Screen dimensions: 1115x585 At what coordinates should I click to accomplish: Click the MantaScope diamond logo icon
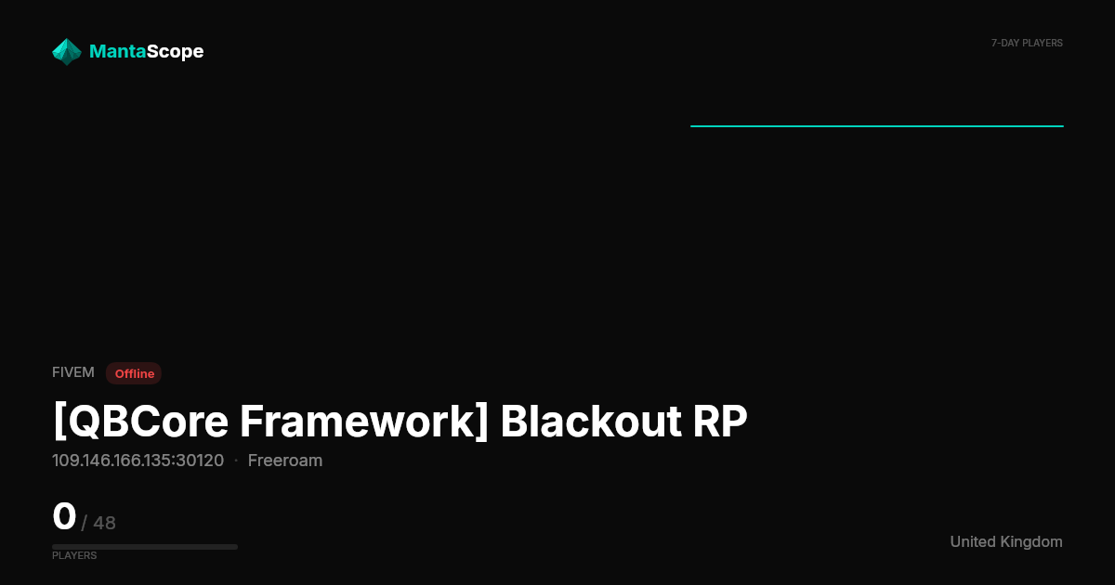[67, 52]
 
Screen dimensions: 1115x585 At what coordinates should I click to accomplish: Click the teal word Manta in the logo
[117, 51]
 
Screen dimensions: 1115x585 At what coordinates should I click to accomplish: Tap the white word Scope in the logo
[176, 52]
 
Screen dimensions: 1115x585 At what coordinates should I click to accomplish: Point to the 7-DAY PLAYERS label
[1027, 44]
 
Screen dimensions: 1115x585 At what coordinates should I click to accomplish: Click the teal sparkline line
[877, 126]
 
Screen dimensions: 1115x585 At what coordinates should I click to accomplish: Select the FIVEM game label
[73, 372]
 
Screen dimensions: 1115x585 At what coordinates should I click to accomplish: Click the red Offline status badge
[134, 373]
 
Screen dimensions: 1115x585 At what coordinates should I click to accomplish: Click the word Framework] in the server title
[364, 422]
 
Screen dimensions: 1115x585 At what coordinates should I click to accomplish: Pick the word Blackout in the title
[591, 422]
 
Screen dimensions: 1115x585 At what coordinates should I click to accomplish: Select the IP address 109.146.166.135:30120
[138, 461]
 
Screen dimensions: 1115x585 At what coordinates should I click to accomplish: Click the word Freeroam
[285, 461]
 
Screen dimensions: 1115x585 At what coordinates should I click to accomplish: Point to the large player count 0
[64, 516]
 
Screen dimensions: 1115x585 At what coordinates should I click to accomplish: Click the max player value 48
[104, 524]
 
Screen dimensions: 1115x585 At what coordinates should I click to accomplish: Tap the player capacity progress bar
[145, 547]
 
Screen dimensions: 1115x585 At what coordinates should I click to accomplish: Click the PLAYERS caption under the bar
[74, 555]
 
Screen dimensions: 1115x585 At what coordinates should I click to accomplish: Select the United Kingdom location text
[1006, 541]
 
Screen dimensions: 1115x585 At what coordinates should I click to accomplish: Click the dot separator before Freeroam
[236, 461]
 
